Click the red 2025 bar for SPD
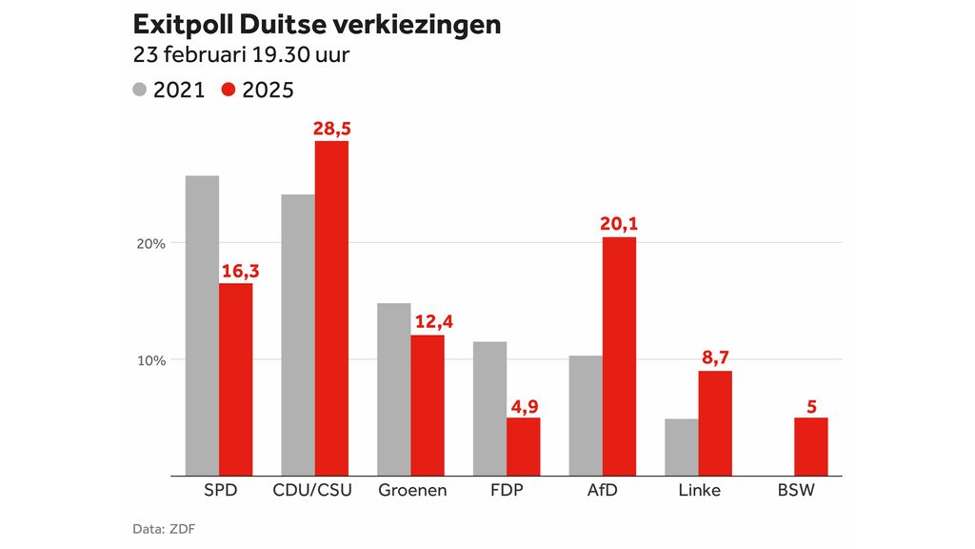pos(236,378)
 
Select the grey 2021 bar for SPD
pos(202,325)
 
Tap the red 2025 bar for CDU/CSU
pos(331,308)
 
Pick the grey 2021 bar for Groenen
pos(393,389)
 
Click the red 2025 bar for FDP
pos(523,446)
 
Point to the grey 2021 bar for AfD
pos(586,415)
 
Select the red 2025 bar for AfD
pos(619,356)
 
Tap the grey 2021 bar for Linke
pos(682,446)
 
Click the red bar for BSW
pos(811,446)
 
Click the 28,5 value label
pos(331,129)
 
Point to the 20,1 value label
pos(619,224)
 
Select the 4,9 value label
pos(523,405)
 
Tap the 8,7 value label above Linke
pos(715,358)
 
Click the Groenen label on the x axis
pos(410,491)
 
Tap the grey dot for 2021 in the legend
pos(140,91)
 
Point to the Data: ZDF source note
pos(159,528)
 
